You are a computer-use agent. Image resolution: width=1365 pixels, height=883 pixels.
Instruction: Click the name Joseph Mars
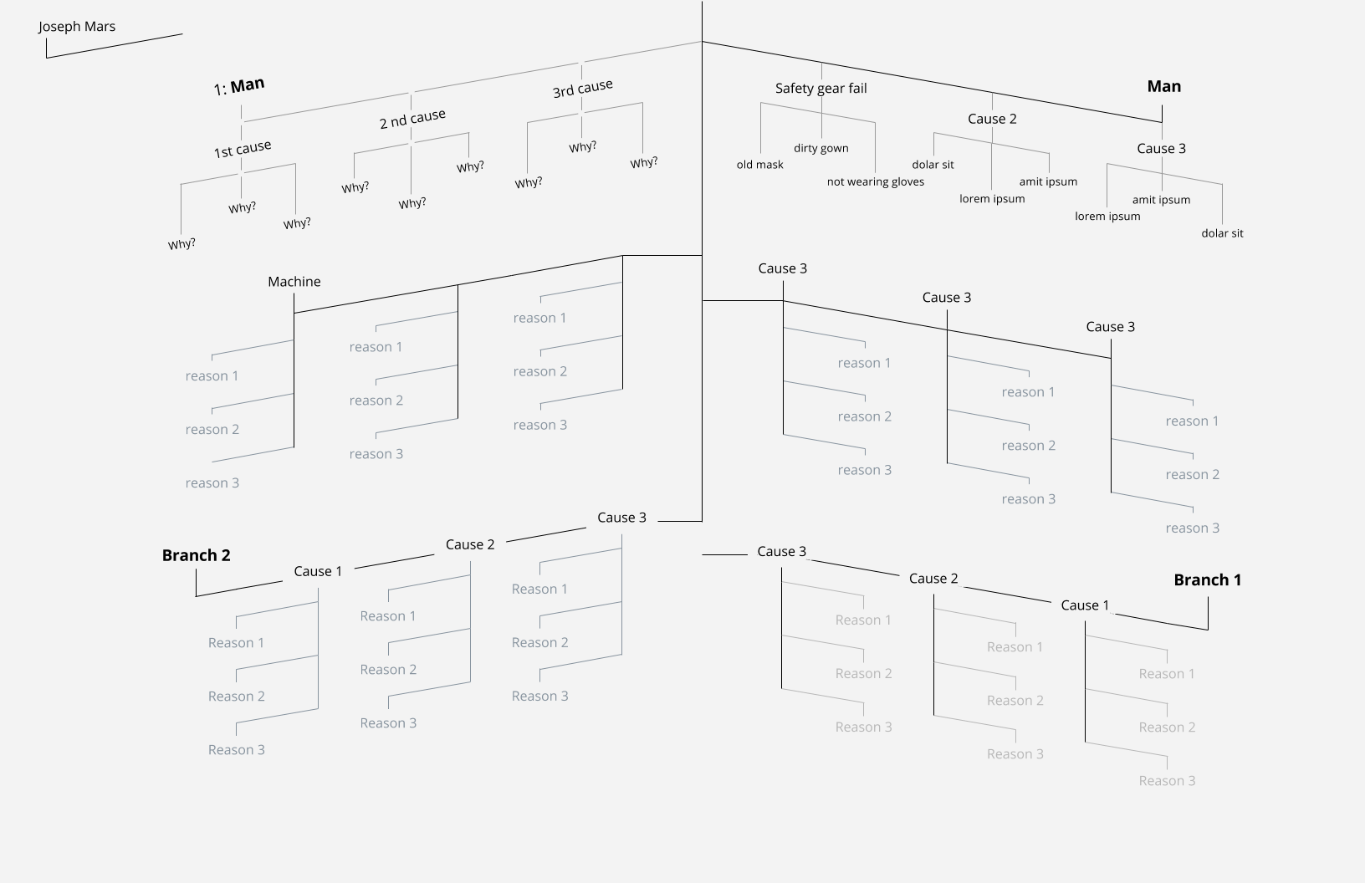(77, 27)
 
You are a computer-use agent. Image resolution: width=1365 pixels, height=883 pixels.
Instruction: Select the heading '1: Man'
(239, 86)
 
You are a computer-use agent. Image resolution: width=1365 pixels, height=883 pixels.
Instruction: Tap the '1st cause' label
(243, 150)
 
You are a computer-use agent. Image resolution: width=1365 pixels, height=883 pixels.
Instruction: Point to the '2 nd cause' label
(412, 119)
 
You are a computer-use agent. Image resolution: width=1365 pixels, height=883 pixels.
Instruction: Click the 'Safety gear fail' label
(821, 89)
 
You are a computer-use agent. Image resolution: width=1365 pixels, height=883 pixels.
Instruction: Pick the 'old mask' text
(759, 165)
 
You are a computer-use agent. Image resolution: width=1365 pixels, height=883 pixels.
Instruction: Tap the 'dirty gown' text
(821, 149)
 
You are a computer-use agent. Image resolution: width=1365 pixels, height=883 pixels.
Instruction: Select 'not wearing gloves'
(875, 182)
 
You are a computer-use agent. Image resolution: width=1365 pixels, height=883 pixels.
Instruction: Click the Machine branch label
(294, 282)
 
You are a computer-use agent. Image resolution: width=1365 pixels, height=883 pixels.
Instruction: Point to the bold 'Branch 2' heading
(196, 555)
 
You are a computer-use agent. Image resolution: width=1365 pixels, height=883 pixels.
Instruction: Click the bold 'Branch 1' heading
(1207, 580)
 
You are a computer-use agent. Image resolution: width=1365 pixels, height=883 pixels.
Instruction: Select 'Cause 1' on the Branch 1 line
(1084, 605)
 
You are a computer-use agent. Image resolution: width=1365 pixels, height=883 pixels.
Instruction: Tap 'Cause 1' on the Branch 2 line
(318, 572)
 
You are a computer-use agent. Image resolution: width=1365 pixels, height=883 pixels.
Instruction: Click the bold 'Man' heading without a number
(1163, 87)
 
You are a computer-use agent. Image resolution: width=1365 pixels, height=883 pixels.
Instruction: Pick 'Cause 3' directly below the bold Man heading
(1161, 149)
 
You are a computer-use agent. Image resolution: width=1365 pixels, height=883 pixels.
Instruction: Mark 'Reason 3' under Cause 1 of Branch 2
(236, 750)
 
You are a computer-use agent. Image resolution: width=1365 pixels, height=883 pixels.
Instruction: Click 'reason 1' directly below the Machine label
(212, 376)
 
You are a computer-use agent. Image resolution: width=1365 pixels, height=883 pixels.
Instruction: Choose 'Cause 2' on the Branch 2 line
(469, 545)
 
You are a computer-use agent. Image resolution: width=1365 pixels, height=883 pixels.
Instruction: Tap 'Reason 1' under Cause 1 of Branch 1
(1166, 674)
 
